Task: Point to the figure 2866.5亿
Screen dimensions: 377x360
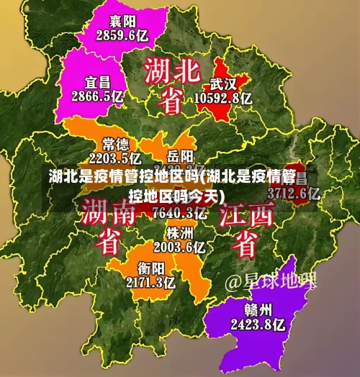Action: coord(97,95)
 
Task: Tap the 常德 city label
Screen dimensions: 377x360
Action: coord(115,143)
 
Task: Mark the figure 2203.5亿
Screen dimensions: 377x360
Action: coord(114,157)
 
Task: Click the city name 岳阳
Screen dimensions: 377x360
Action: coord(180,155)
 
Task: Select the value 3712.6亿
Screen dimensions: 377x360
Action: coord(294,193)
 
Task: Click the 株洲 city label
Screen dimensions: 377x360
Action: coord(179,233)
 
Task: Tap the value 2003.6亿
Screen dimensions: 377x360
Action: coord(179,247)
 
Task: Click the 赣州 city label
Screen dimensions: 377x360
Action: coord(257,309)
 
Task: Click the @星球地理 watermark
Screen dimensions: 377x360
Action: coord(271,280)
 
